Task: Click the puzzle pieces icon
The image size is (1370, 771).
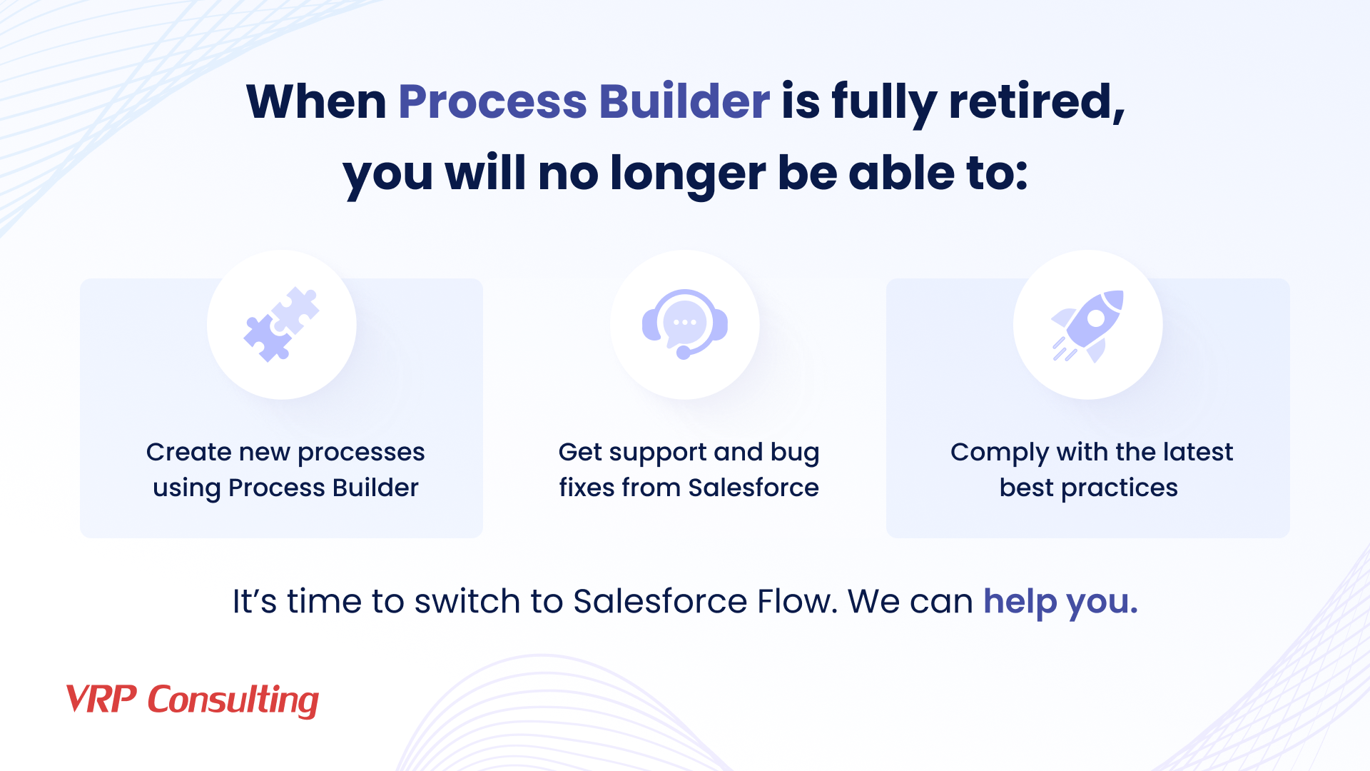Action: [x=282, y=325]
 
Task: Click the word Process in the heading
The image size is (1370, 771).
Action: [x=492, y=101]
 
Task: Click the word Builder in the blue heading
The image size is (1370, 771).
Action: [x=684, y=101]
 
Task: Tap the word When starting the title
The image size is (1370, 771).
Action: [x=316, y=101]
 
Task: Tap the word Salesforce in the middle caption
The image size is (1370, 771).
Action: [x=753, y=488]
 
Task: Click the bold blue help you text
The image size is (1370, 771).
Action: [x=1060, y=601]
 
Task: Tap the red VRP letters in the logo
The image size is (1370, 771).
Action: [x=101, y=699]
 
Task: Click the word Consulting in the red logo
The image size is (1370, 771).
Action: [x=233, y=700]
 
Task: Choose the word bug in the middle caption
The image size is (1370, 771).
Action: [x=795, y=453]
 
